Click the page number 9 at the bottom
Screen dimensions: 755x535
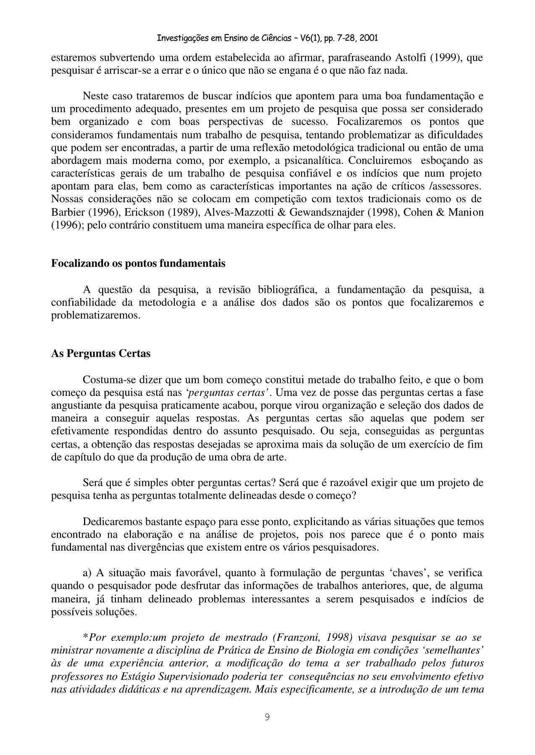tap(267, 717)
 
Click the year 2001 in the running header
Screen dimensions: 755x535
tap(367, 39)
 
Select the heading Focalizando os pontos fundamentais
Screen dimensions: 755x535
tap(138, 263)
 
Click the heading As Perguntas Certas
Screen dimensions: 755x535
tap(101, 353)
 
